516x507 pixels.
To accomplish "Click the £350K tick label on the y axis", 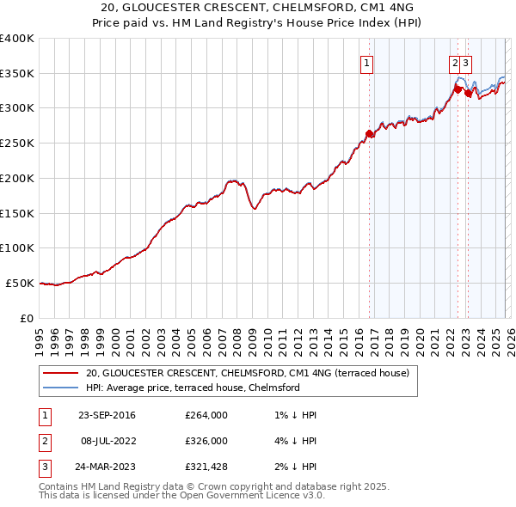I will (17, 74).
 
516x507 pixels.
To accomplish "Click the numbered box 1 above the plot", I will (367, 62).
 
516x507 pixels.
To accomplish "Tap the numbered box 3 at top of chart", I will (465, 62).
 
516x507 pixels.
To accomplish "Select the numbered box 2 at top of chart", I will (453, 62).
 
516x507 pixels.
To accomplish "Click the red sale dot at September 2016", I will (370, 133).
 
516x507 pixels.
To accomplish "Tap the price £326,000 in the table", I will (206, 441).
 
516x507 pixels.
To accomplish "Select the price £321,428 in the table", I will (206, 467).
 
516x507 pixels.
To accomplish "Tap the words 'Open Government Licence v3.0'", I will (250, 495).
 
